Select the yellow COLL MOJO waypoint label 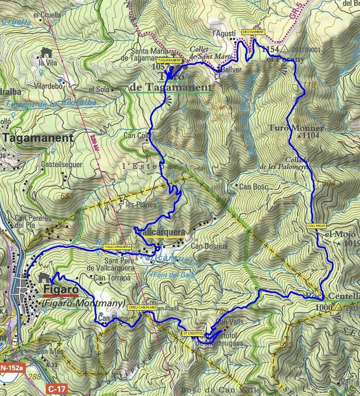point(317,226)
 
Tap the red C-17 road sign point(56,388)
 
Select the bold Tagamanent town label point(38,138)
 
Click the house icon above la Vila point(46,52)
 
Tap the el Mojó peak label point(335,234)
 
